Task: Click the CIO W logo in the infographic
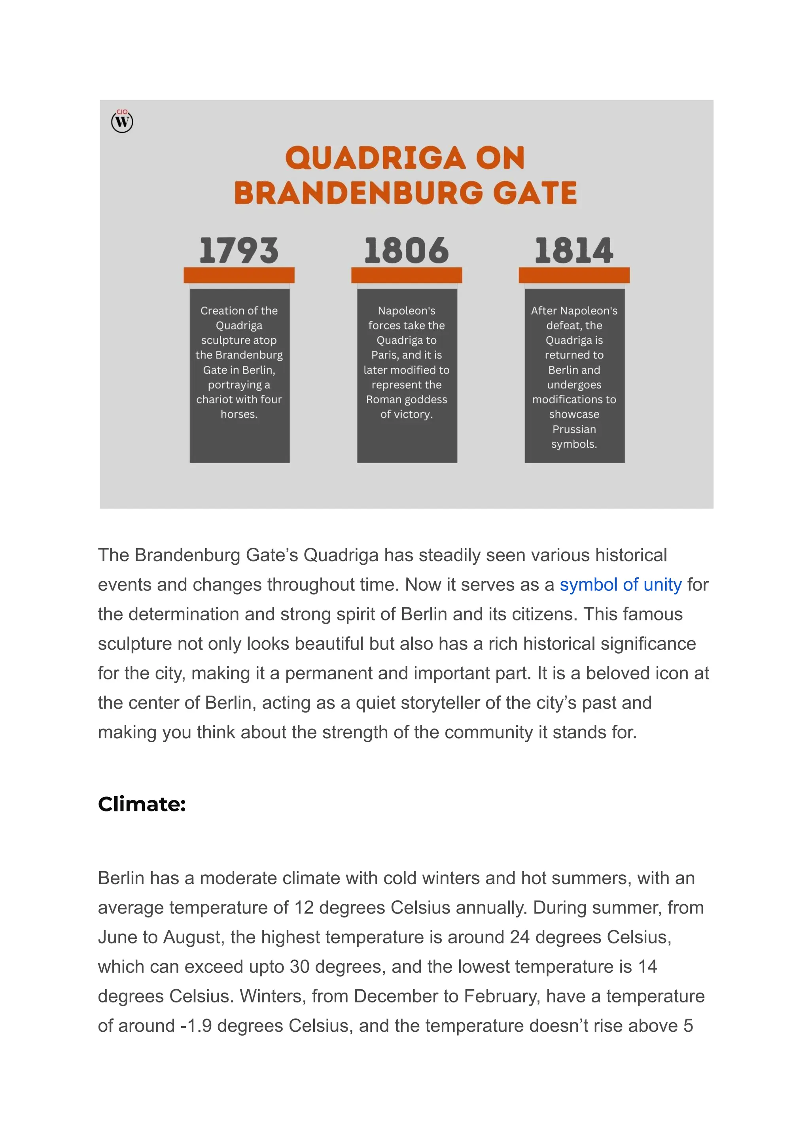[122, 121]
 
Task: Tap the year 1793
[239, 250]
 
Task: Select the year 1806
[407, 250]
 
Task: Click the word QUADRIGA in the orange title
[375, 158]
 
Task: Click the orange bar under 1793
[239, 275]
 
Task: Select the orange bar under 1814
[574, 275]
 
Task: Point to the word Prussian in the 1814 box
[574, 429]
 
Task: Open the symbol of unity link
[620, 584]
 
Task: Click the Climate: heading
[142, 804]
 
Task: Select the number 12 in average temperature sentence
[303, 908]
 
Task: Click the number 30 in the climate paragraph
[300, 966]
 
